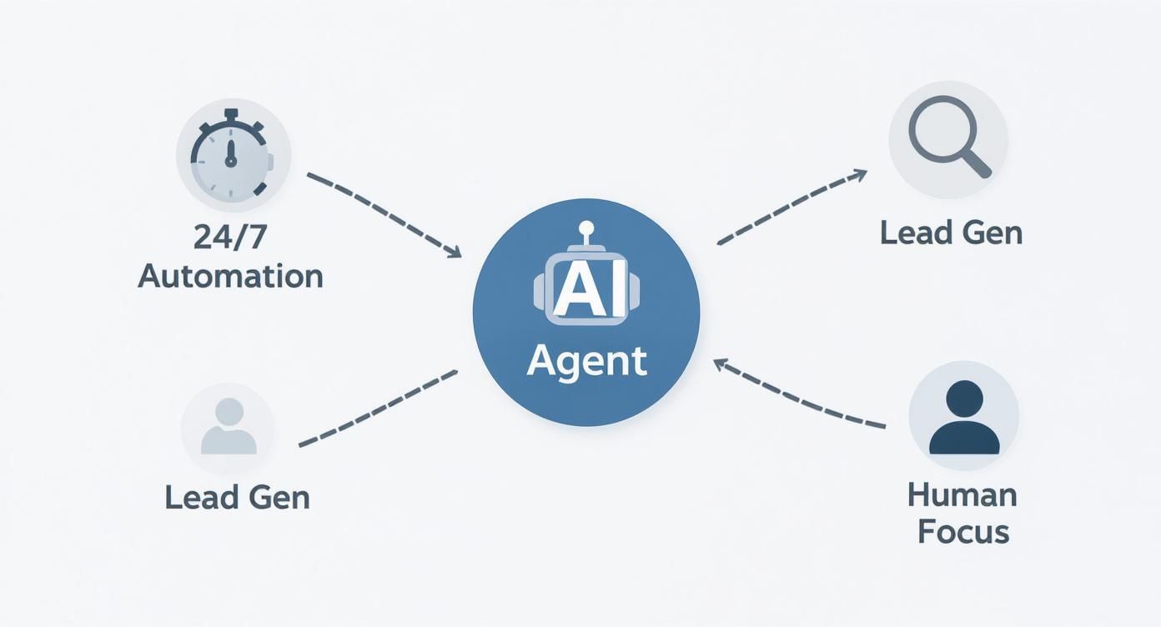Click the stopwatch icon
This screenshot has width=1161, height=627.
pyautogui.click(x=232, y=155)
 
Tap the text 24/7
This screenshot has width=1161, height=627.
pyautogui.click(x=230, y=238)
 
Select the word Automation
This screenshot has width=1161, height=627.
pyautogui.click(x=230, y=275)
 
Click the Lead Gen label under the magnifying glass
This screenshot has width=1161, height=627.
pyautogui.click(x=951, y=232)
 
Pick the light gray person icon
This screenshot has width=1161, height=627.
pyautogui.click(x=229, y=427)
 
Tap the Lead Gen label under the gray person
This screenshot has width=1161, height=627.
pyautogui.click(x=237, y=497)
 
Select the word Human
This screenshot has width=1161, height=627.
pyautogui.click(x=962, y=495)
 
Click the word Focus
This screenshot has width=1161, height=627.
pyautogui.click(x=963, y=532)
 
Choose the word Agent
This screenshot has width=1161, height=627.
pyautogui.click(x=587, y=361)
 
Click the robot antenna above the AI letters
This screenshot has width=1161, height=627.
pyautogui.click(x=586, y=230)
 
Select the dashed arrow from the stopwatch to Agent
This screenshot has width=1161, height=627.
pyautogui.click(x=384, y=213)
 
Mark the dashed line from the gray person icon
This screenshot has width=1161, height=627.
pyautogui.click(x=378, y=408)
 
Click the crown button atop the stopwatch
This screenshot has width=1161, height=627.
pyautogui.click(x=231, y=113)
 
